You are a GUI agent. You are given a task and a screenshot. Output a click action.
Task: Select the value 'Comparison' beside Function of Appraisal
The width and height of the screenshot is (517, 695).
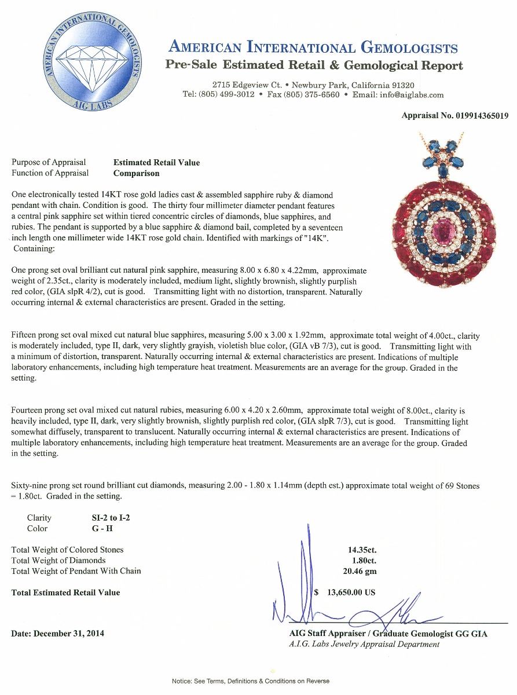tap(136, 173)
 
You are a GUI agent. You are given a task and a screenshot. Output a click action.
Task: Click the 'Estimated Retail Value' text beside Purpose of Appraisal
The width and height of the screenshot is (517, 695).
tap(156, 163)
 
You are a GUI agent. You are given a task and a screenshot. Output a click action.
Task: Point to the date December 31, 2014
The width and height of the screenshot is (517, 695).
tap(58, 634)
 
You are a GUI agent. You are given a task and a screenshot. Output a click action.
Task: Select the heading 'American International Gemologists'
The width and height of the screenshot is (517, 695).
tap(313, 47)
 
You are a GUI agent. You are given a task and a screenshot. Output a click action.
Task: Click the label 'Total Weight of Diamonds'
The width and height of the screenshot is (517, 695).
tap(58, 560)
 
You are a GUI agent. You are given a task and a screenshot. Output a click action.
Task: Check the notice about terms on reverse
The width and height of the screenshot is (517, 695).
tap(251, 681)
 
